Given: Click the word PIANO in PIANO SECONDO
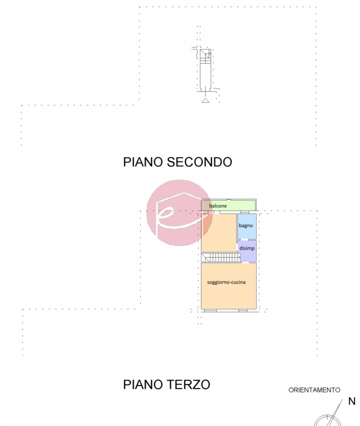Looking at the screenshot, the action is tap(143, 162).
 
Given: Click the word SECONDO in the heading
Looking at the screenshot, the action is tap(199, 162).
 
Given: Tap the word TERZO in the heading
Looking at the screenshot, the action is tap(189, 384).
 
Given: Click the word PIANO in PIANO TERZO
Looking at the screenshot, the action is tap(143, 384).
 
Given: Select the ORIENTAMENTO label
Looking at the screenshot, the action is tap(314, 390).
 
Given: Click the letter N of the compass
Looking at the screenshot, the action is tap(352, 402).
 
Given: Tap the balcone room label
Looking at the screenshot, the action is tap(218, 206).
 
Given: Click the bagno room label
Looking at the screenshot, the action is tap(246, 226).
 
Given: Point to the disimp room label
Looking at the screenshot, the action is tap(247, 248).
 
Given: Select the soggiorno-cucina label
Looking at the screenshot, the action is tap(226, 282).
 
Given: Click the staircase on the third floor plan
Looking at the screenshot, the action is tap(221, 258).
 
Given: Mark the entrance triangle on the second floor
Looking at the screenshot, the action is tap(206, 101).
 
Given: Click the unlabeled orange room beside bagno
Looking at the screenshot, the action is tap(219, 233).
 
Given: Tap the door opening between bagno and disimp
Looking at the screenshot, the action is tap(245, 239).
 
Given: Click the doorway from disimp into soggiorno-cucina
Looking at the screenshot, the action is tap(246, 262).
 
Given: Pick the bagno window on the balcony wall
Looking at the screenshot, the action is tap(244, 212).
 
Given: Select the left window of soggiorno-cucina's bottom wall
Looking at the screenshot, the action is tap(210, 310).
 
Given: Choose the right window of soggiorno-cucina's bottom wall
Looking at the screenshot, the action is tap(245, 310).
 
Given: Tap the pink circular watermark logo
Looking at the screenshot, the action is tap(179, 212).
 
